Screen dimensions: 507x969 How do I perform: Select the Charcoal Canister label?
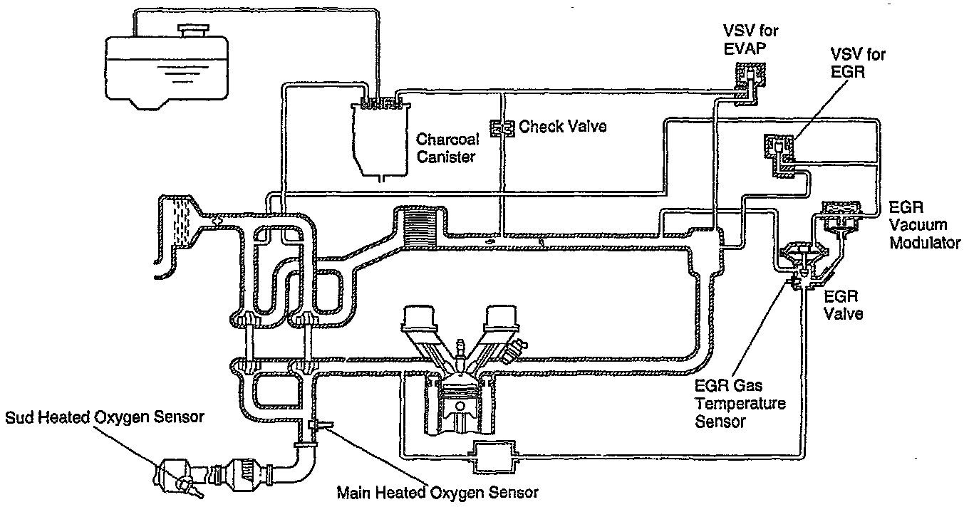point(446,147)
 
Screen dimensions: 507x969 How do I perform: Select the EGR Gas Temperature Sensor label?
point(740,403)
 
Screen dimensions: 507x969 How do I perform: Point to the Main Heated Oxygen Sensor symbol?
point(314,427)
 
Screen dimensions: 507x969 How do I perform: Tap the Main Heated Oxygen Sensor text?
point(437,492)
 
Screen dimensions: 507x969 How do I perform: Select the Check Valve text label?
point(562,127)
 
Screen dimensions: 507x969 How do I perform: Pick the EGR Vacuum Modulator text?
point(925,226)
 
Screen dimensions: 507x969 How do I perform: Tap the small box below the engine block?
point(491,453)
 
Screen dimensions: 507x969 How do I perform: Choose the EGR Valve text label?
point(844,304)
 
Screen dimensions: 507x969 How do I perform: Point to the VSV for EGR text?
point(859,64)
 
